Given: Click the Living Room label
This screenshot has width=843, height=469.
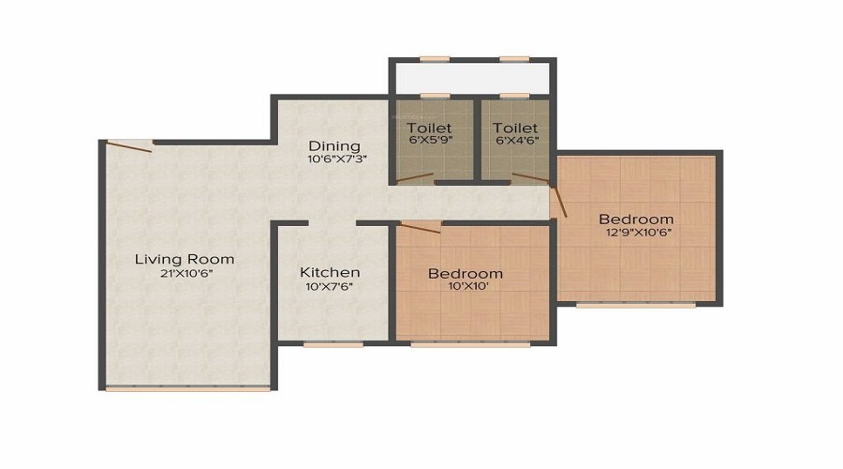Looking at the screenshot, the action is [x=185, y=260].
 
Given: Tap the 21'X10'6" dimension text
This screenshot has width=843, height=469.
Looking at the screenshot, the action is [x=186, y=274].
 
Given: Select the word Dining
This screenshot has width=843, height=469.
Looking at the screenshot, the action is [x=334, y=146].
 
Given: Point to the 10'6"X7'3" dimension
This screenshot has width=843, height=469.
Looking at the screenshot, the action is [x=337, y=159].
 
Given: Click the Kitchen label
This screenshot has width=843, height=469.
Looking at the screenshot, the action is [x=330, y=272].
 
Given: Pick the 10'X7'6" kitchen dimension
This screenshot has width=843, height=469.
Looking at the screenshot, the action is [x=329, y=287].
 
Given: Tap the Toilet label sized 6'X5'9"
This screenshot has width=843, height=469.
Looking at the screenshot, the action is [x=429, y=129].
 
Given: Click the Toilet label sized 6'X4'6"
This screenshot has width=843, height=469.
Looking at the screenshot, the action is [x=515, y=129].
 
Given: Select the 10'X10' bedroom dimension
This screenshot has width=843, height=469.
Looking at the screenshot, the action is [x=468, y=286].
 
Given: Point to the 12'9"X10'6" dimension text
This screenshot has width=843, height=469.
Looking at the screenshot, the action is [x=639, y=234].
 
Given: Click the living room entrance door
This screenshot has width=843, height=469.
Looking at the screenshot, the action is [x=129, y=146].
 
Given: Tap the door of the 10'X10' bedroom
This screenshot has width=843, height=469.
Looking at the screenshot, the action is [x=420, y=227].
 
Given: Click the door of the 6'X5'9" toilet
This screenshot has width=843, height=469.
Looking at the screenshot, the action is [x=415, y=177].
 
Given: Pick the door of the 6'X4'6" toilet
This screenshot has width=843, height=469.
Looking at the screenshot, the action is [x=531, y=177].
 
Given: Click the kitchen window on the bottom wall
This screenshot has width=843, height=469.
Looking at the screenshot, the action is [x=333, y=343].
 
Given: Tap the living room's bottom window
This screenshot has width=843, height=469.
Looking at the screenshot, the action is [x=187, y=387].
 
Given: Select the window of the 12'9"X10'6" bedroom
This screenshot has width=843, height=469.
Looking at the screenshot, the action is [x=636, y=304].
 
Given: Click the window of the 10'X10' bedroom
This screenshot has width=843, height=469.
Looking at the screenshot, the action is [x=470, y=343].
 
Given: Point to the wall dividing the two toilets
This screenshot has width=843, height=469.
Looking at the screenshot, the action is [x=477, y=140].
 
